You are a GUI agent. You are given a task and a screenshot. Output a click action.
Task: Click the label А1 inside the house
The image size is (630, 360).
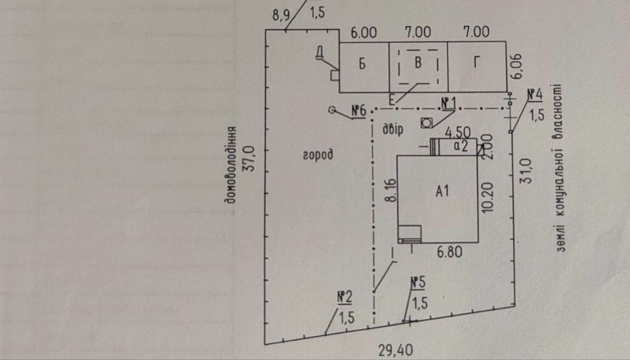(x=442, y=192)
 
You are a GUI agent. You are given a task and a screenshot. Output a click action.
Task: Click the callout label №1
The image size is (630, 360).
(x=448, y=103)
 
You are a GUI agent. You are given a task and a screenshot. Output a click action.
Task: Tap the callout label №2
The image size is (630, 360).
(x=344, y=297)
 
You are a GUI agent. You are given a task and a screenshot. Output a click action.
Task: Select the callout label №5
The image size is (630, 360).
(x=417, y=282)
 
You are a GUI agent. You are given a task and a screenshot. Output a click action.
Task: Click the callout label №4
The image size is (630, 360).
(x=535, y=95)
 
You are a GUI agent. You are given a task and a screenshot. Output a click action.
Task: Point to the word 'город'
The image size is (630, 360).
(x=317, y=154)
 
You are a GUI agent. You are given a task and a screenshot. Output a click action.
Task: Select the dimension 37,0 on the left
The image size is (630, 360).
(x=250, y=162)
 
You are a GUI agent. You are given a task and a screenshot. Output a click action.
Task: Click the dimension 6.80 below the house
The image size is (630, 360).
(x=450, y=253)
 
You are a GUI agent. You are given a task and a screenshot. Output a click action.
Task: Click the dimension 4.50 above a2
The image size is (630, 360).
(x=457, y=133)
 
